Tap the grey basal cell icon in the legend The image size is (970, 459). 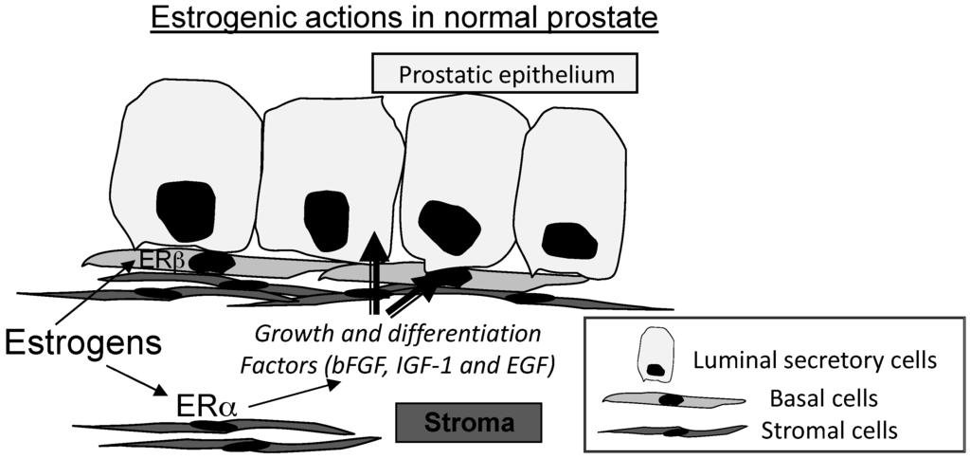[668, 399]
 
